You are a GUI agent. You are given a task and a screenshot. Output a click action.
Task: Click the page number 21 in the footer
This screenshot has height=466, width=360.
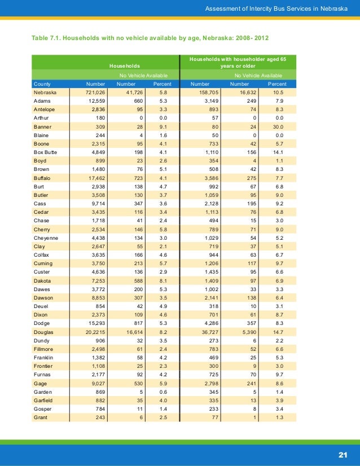tap(343, 455)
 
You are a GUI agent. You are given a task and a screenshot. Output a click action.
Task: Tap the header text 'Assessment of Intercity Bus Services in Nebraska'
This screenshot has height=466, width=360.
tap(277, 8)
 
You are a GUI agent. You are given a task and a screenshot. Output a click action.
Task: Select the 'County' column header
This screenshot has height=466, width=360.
tap(43, 83)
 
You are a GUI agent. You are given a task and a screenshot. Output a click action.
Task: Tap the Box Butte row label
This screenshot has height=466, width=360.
tap(46, 153)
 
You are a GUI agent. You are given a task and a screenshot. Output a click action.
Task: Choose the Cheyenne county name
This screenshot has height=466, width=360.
tap(46, 238)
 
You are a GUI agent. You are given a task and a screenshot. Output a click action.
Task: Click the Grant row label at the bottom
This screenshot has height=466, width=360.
tap(41, 418)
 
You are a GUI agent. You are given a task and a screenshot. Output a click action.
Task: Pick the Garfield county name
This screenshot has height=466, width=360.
tap(44, 401)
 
